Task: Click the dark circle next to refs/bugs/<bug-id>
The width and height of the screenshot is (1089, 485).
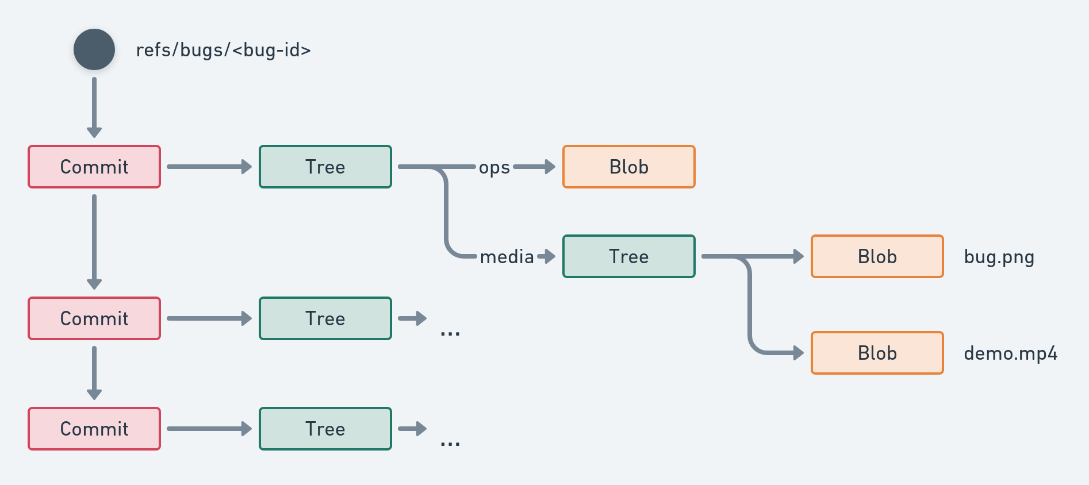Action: click(x=94, y=49)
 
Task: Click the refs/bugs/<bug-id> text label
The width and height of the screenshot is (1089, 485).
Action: click(x=223, y=50)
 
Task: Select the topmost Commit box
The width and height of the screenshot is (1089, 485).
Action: click(x=94, y=167)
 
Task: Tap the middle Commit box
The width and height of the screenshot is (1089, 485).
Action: click(x=94, y=318)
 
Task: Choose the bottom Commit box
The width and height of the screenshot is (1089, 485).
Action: click(x=94, y=429)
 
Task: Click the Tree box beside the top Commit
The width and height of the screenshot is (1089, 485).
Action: click(x=325, y=167)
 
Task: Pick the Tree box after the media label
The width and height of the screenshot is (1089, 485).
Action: click(x=629, y=256)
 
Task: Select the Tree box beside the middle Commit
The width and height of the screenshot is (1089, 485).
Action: click(x=325, y=318)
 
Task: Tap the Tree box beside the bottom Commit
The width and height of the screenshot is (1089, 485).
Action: click(x=325, y=429)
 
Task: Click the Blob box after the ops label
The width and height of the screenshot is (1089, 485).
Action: click(x=629, y=167)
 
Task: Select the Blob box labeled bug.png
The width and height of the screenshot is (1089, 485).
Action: click(x=877, y=256)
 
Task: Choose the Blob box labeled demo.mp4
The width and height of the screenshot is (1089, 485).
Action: click(x=877, y=353)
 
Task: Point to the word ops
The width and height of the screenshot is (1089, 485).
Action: click(x=494, y=168)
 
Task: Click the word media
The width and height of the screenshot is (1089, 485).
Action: click(x=507, y=257)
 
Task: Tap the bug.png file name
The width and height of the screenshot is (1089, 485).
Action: click(x=999, y=257)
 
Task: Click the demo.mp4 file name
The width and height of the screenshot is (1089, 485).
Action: click(x=1010, y=353)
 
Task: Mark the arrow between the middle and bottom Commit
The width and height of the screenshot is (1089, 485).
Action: click(x=94, y=372)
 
